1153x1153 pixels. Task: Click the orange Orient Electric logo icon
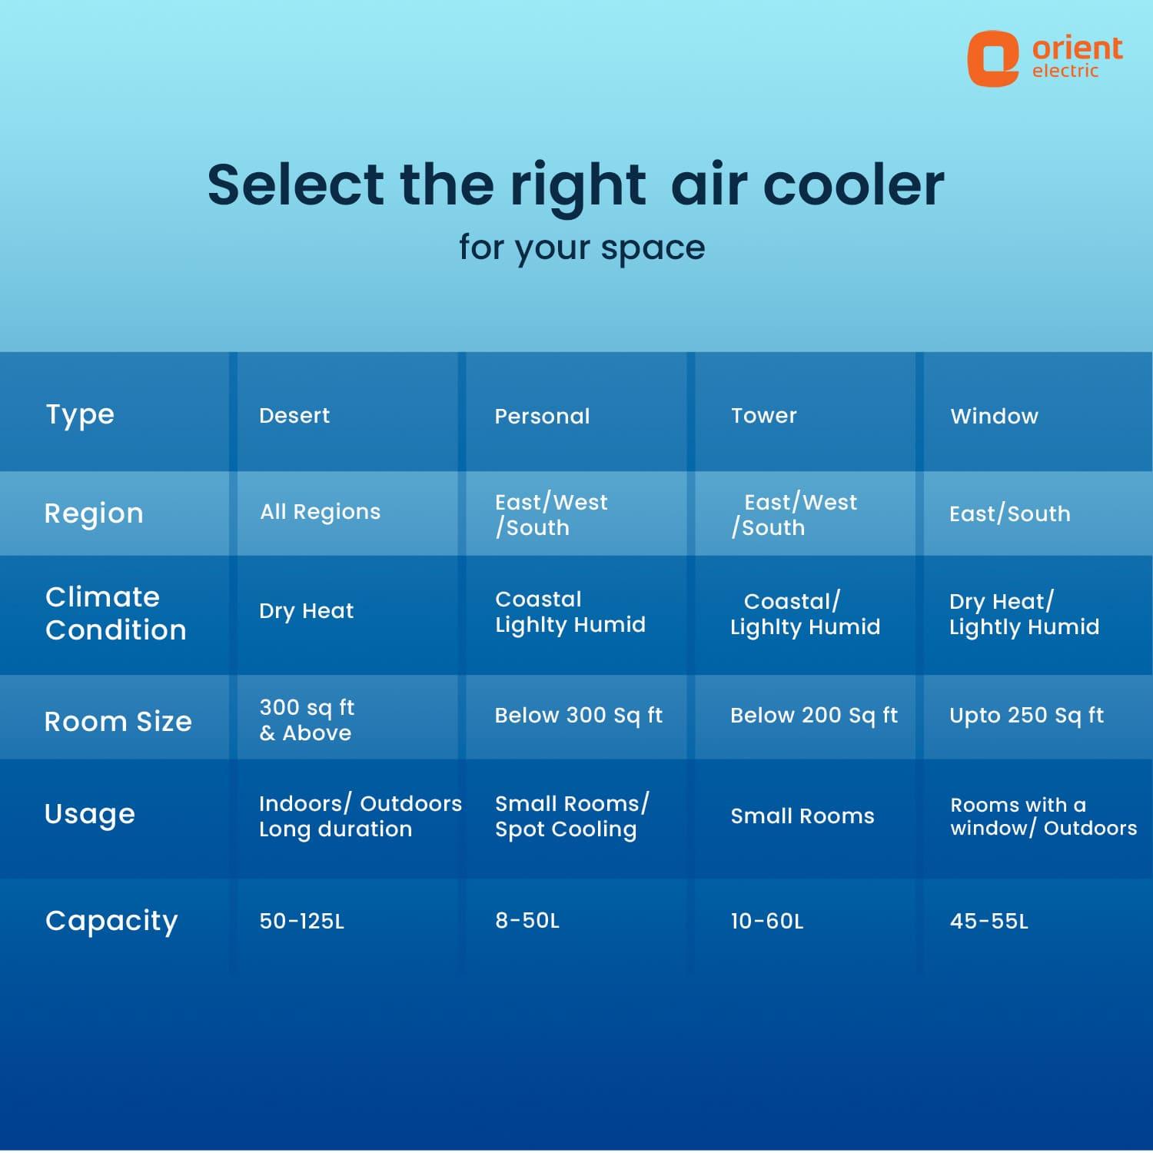[x=992, y=58]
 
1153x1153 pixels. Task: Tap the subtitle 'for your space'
[x=582, y=248]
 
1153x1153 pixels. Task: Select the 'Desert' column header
[x=294, y=416]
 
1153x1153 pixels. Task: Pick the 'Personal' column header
[x=542, y=417]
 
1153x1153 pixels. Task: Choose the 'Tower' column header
[x=763, y=416]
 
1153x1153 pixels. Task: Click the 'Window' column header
[x=994, y=417]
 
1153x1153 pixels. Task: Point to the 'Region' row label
[x=94, y=513]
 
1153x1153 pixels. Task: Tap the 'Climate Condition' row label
[x=116, y=613]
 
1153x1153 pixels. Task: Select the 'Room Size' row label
[x=118, y=722]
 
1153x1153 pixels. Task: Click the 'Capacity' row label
[x=111, y=921]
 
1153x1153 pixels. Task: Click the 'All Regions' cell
[x=320, y=512]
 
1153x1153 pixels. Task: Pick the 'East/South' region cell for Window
[x=1009, y=513]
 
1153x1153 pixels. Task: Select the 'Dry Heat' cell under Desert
[x=306, y=611]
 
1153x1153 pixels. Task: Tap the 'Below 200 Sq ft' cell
[x=813, y=716]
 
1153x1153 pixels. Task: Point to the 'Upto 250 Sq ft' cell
[x=1026, y=716]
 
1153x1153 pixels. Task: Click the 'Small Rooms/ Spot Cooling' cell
[x=572, y=816]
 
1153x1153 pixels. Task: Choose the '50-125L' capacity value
[x=301, y=921]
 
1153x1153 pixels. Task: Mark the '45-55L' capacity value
[x=989, y=921]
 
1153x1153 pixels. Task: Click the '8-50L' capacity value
[x=527, y=920]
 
